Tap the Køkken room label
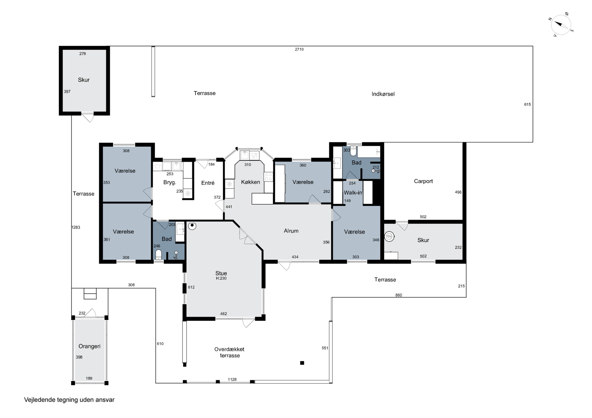coord(250,182)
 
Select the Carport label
coord(423,181)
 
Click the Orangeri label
coord(89,346)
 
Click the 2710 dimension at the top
coord(299,49)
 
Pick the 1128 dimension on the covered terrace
coord(232,379)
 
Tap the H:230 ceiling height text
coord(221,278)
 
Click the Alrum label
coord(291,231)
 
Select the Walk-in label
coord(353,193)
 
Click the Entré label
coord(208,183)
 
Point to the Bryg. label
coord(170,182)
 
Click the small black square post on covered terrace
coord(302,363)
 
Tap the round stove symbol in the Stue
coord(192,226)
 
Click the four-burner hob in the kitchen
coord(268,177)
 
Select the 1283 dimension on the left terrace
coord(76,227)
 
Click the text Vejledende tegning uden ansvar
coord(69,400)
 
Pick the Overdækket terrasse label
coord(229,352)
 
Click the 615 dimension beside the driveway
coord(527,104)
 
